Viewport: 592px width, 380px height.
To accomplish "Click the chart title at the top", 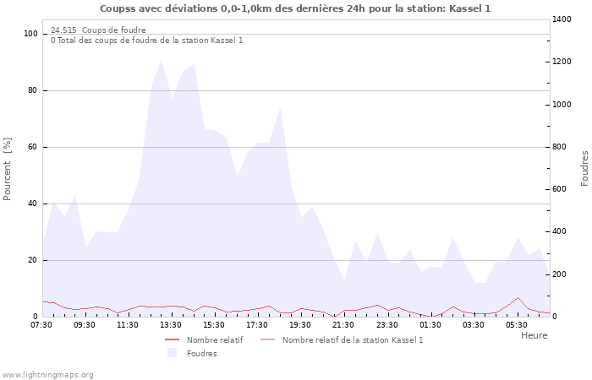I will click(x=295, y=8).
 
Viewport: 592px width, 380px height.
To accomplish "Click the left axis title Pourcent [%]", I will click(x=8, y=169).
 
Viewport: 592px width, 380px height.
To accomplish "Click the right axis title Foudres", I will click(x=584, y=168).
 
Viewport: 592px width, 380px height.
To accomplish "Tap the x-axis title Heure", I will click(x=534, y=335).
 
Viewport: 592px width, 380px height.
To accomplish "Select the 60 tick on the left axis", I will click(x=34, y=147).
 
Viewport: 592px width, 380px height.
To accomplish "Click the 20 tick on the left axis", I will click(x=34, y=260).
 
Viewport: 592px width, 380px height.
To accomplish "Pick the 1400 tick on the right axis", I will click(x=562, y=19).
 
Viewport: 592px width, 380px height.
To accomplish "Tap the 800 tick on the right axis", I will click(x=560, y=147).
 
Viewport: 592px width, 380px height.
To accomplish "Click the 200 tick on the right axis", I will click(x=560, y=274).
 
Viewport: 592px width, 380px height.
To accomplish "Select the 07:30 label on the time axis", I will click(x=41, y=324).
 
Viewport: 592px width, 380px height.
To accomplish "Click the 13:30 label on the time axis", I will click(x=172, y=324).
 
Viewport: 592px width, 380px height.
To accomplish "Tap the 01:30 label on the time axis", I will click(x=430, y=324).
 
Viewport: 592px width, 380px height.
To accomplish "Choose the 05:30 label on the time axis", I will click(x=517, y=324).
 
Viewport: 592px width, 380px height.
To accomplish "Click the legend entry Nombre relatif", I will click(x=214, y=339).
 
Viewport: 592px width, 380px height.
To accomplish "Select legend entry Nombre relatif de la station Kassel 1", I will click(x=352, y=339).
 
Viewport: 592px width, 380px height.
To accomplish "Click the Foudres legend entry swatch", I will click(x=173, y=353).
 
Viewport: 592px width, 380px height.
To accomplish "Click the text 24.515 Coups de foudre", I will click(x=98, y=30).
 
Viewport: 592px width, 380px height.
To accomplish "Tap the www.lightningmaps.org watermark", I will click(x=47, y=374).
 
